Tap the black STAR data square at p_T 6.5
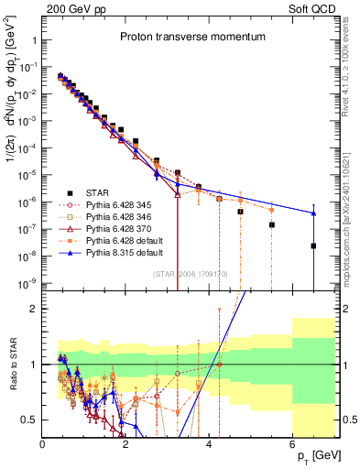(x=313, y=245)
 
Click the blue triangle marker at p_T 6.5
(x=313, y=214)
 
